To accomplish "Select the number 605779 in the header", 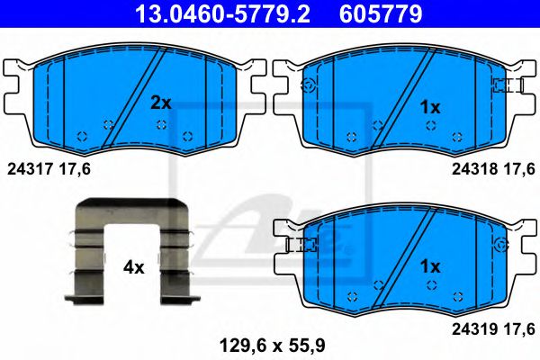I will [x=380, y=13].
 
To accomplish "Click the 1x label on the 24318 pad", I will [x=430, y=107].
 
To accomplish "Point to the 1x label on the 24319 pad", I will [x=430, y=266].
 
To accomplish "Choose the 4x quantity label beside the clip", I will [x=133, y=267].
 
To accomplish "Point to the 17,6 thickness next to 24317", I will [x=76, y=167].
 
